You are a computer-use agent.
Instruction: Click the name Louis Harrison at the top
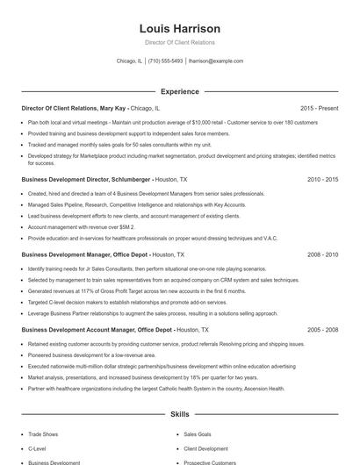click(179, 28)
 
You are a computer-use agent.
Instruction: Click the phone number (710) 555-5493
click(166, 61)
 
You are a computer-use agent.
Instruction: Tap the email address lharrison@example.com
click(216, 61)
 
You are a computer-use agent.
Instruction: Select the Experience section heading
click(179, 91)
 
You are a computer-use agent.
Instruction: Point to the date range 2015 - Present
click(319, 108)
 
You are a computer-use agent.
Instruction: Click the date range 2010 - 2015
click(322, 179)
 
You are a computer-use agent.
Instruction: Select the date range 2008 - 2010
click(322, 254)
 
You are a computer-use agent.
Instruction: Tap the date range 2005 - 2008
click(322, 330)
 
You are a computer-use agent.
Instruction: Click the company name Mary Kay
click(114, 108)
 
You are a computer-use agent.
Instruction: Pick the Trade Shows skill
click(43, 433)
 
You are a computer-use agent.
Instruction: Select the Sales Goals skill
click(198, 433)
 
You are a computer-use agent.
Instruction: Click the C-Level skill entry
click(36, 447)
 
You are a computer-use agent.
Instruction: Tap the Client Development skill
click(205, 447)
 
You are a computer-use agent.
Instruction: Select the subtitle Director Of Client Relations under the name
click(179, 42)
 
